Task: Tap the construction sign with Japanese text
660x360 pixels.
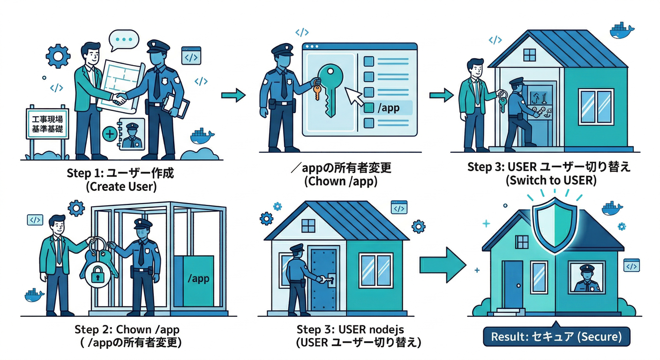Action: tap(47, 124)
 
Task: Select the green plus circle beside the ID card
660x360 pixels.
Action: tap(110, 134)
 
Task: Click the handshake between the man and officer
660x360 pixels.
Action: tap(120, 98)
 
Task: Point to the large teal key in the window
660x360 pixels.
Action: tap(330, 89)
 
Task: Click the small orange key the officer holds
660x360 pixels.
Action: tap(317, 91)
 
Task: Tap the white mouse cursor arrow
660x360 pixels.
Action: tap(353, 97)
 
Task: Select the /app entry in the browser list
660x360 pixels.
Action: tap(386, 108)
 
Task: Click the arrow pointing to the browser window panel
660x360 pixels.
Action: tap(233, 95)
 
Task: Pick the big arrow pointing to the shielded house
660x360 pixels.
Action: tap(442, 265)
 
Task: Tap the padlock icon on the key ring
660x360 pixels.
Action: tap(97, 276)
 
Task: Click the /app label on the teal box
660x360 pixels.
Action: tap(198, 278)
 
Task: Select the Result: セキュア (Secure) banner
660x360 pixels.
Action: tap(556, 337)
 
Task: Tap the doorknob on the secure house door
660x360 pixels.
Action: tap(518, 285)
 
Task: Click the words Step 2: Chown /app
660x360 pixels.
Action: tap(127, 329)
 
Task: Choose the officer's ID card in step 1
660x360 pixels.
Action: tap(132, 135)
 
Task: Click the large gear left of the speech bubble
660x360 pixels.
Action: tap(58, 56)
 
